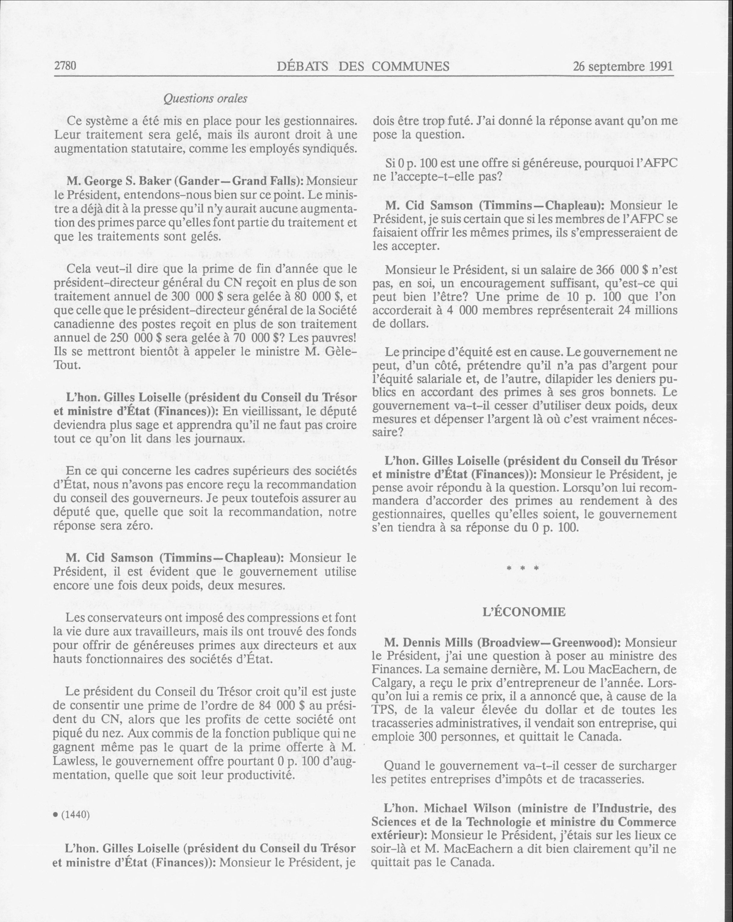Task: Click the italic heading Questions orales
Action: [x=205, y=98]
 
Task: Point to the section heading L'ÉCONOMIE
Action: [x=524, y=612]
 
